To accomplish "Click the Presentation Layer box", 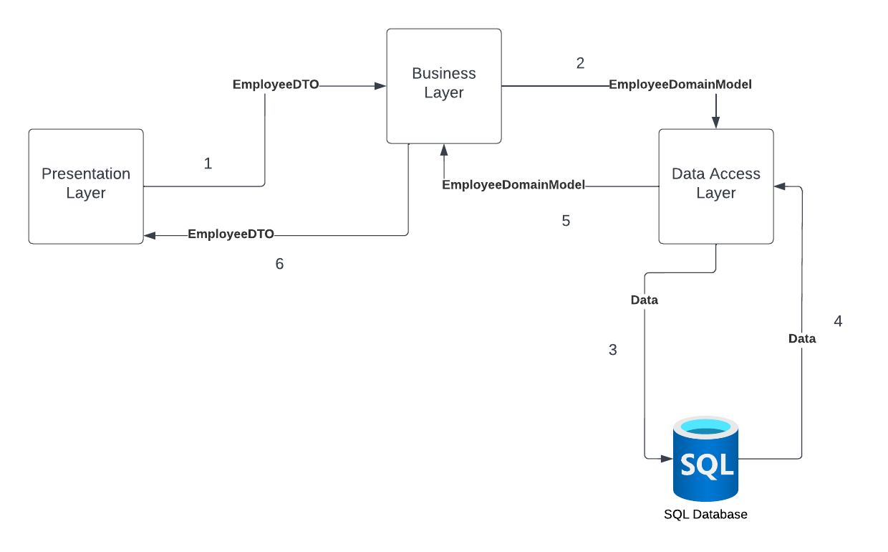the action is pos(86,186).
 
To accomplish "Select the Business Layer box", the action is pos(444,86).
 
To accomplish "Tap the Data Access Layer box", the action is pos(716,186).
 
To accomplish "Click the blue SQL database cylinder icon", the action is pos(705,459).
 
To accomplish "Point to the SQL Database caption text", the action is pos(705,514).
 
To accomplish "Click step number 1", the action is pos(208,163).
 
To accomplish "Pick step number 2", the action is pos(580,63).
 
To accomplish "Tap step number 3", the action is pos(613,350).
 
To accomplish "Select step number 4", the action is pos(838,321).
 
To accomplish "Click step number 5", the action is pos(566,221).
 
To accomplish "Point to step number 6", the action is pos(279,264).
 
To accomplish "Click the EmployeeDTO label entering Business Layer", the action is pos(276,85).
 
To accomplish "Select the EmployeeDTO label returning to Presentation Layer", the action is pos(231,234).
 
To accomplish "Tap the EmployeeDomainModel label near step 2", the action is pos(680,85).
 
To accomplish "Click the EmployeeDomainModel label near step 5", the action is pos(513,185).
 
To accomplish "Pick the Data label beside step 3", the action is pos(645,300).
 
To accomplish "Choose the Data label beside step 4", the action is pos(802,338).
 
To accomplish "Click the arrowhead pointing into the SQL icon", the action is pos(667,459).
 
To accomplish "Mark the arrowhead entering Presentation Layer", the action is pos(150,236).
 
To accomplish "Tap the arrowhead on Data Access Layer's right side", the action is pos(779,186).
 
